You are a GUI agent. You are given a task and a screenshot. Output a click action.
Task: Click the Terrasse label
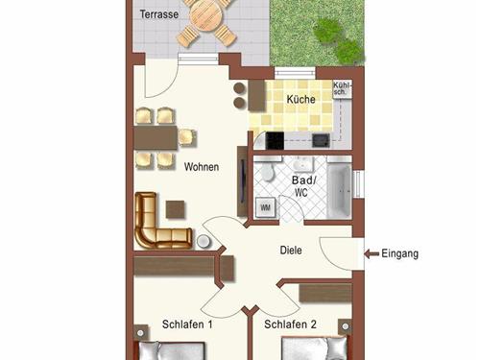click(159, 14)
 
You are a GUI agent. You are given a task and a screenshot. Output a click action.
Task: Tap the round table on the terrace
click(206, 14)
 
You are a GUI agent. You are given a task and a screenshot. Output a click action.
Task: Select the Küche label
click(300, 99)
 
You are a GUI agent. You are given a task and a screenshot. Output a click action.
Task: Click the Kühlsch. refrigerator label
click(342, 88)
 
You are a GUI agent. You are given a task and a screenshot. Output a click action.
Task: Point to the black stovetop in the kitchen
click(275, 140)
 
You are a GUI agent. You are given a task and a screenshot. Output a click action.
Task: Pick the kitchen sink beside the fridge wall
click(321, 140)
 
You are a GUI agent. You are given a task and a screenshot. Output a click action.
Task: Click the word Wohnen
click(202, 167)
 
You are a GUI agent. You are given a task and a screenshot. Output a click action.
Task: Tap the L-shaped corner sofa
click(160, 224)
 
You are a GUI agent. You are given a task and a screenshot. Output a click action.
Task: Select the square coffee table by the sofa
click(175, 209)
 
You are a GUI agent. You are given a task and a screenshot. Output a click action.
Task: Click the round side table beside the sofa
click(203, 241)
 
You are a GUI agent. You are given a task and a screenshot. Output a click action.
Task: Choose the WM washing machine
click(265, 207)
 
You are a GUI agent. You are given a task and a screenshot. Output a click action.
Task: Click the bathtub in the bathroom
click(339, 188)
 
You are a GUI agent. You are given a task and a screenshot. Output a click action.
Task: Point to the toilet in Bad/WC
click(267, 170)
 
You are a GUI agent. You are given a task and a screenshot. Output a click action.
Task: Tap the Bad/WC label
click(303, 186)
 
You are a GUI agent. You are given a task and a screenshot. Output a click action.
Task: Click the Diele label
click(291, 250)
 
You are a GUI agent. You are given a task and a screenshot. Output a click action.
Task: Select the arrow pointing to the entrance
click(372, 254)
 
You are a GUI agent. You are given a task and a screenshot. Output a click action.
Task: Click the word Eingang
click(399, 253)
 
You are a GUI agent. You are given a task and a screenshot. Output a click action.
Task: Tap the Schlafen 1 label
click(187, 324)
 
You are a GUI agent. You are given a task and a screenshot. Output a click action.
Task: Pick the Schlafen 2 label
click(290, 324)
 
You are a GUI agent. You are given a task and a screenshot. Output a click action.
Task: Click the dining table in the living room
click(156, 137)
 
